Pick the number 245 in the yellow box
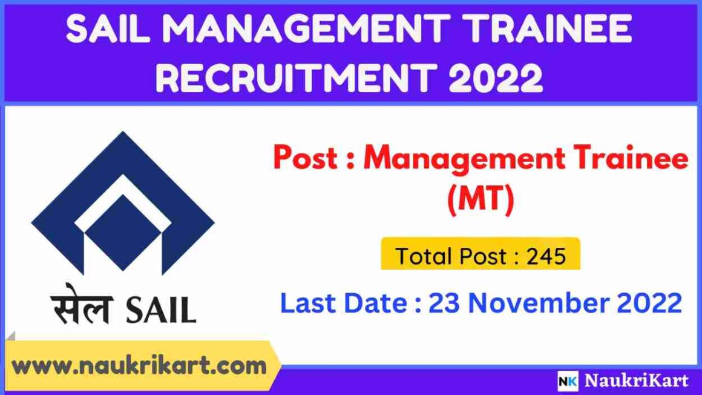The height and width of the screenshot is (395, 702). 546,256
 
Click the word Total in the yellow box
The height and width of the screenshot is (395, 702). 424,256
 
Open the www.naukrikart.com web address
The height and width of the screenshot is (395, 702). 140,366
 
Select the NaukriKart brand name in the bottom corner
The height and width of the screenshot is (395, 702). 636,381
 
